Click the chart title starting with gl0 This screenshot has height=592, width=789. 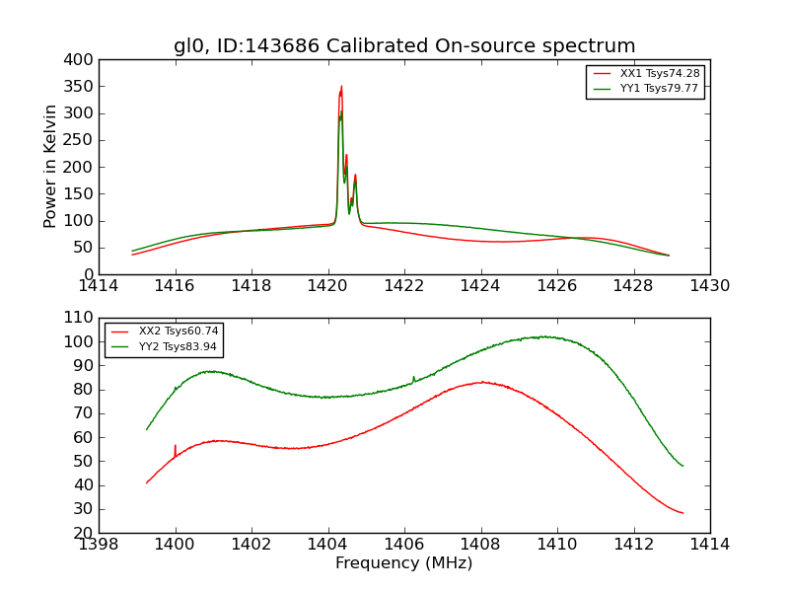click(x=404, y=46)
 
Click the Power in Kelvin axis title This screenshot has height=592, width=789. click(x=51, y=166)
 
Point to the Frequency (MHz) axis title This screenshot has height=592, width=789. click(x=404, y=563)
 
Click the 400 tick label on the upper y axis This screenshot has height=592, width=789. click(x=80, y=59)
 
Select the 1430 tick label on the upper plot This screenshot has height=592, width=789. click(x=709, y=286)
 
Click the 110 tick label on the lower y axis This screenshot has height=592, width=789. click(x=80, y=318)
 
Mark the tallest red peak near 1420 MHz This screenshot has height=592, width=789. click(x=341, y=87)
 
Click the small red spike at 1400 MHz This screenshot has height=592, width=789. click(x=176, y=446)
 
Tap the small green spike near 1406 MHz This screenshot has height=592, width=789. click(x=413, y=377)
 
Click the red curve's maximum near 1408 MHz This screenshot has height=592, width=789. click(x=481, y=382)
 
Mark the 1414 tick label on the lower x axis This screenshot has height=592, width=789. click(x=709, y=545)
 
